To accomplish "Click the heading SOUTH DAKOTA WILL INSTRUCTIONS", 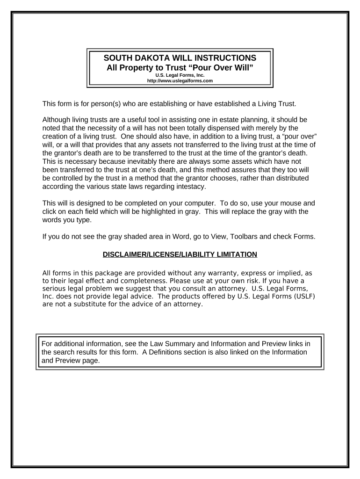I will point(180,58).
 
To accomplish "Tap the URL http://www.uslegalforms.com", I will point(180,80).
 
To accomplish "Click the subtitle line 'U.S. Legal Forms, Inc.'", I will point(180,75).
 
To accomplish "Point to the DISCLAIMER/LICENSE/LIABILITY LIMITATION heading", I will point(180,254).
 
